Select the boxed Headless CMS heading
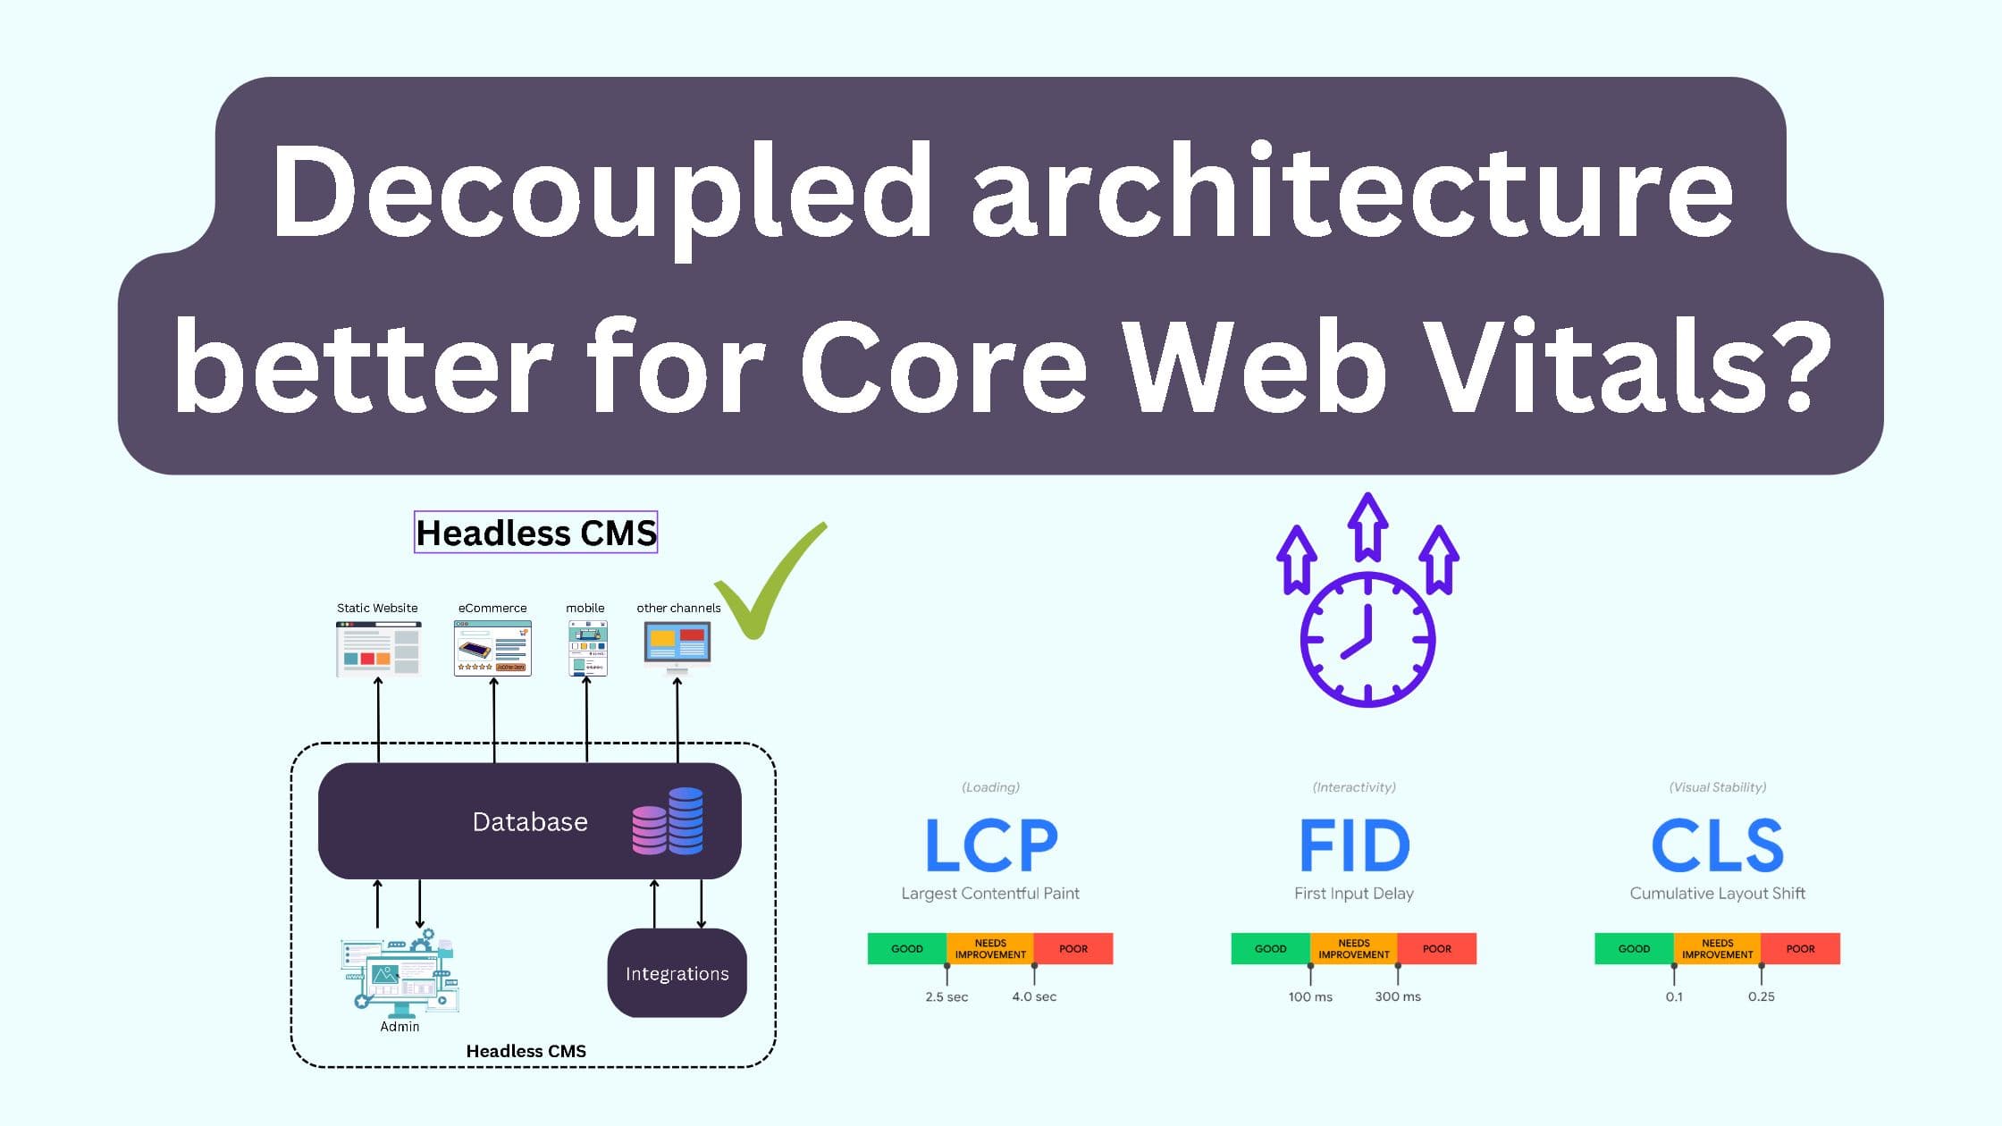[535, 533]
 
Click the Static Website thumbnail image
[378, 649]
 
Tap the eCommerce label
[492, 608]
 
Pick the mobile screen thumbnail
[587, 649]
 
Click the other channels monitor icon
[677, 647]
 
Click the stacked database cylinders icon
[668, 821]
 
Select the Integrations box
[677, 973]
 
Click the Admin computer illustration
[400, 974]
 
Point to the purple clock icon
[1367, 640]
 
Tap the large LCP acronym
[990, 845]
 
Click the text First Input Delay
[1353, 893]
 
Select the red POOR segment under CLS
[1800, 948]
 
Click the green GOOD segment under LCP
[906, 948]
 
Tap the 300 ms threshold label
[1397, 996]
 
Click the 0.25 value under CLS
[1761, 996]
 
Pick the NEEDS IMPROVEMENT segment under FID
[1353, 948]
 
